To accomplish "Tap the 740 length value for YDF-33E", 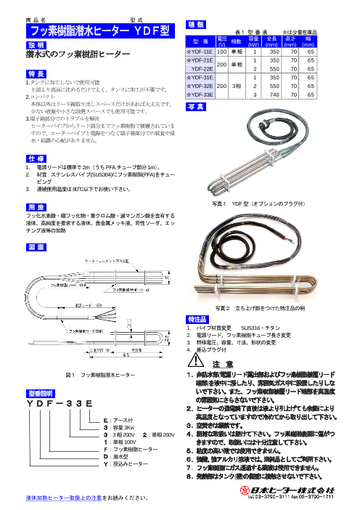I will click(x=272, y=94).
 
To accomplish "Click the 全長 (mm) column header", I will click(x=272, y=42).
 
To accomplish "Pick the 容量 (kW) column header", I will click(x=254, y=42).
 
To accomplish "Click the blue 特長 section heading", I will click(x=37, y=74).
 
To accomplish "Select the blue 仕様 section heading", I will click(x=37, y=158).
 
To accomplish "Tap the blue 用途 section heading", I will click(x=37, y=206).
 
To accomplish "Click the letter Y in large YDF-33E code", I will click(x=30, y=402).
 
